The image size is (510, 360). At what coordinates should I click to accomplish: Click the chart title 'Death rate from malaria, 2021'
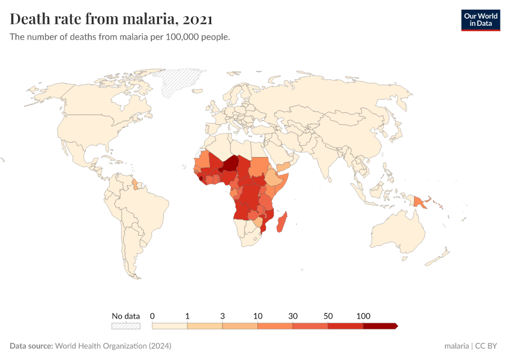[112, 19]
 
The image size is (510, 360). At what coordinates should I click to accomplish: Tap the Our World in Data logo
[480, 20]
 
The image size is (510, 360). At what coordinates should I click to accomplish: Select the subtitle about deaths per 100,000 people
[120, 37]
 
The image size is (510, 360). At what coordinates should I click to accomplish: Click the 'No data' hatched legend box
[125, 326]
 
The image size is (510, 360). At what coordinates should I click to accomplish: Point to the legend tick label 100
[363, 316]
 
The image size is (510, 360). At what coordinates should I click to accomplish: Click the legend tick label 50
[328, 316]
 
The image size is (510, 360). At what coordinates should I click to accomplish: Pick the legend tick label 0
[152, 316]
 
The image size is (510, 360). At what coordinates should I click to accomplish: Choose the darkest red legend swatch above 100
[380, 326]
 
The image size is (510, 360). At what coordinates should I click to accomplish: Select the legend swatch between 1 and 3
[205, 326]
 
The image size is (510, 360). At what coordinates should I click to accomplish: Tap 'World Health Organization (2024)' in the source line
[113, 346]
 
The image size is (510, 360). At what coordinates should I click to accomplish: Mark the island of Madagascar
[284, 219]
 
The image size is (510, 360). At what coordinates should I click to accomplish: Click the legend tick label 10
[257, 316]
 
